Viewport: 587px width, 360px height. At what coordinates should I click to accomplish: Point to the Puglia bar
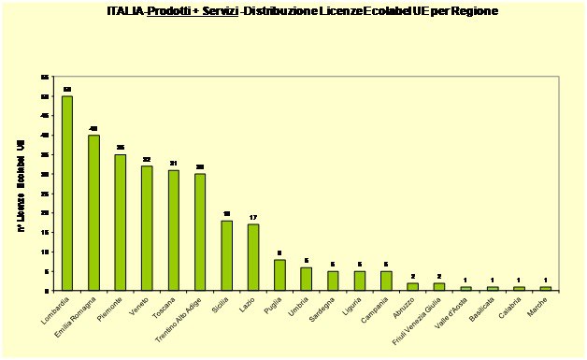pos(279,275)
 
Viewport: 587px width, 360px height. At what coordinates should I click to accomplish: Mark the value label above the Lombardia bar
pos(67,89)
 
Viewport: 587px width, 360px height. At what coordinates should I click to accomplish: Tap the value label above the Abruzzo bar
pos(412,276)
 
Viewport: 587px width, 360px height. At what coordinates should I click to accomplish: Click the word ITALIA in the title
pos(126,11)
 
